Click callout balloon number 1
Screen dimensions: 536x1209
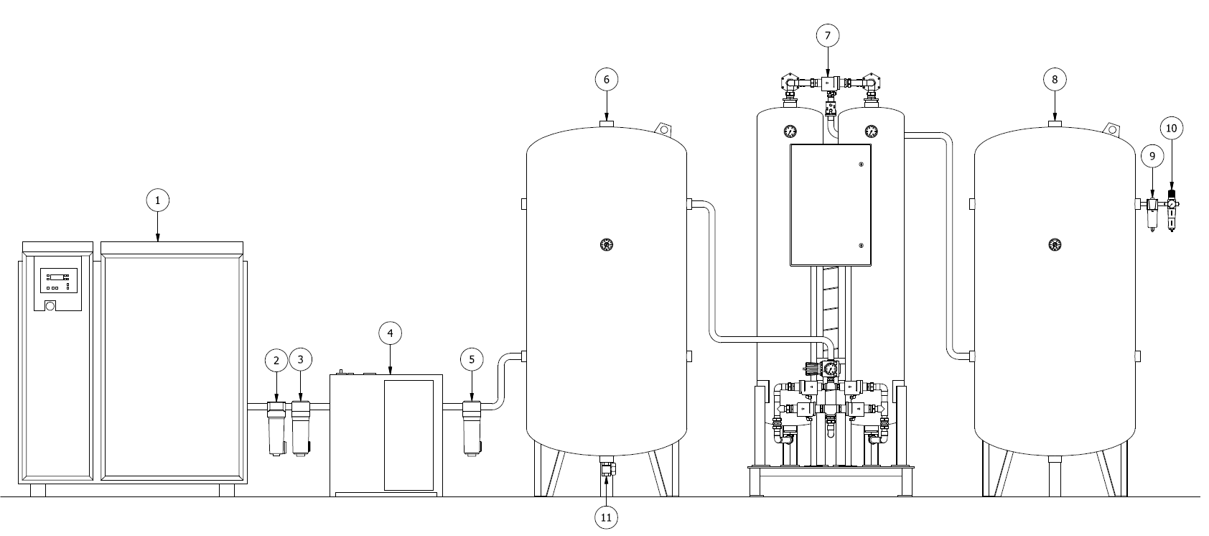[x=157, y=200]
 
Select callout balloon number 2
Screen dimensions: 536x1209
[x=276, y=359]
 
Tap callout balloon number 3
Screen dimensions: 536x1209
[x=300, y=359]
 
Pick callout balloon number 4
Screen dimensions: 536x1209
[x=390, y=333]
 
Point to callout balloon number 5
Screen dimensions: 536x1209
[x=472, y=360]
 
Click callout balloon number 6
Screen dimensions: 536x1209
[x=606, y=79]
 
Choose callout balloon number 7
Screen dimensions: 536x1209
[x=828, y=35]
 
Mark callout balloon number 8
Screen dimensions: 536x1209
[x=1055, y=79]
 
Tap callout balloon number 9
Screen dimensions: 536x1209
[x=1152, y=156]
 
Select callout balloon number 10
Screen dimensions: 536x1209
[x=1171, y=129]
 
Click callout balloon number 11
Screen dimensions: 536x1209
[x=606, y=517]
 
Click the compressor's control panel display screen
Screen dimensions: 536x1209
[x=57, y=278]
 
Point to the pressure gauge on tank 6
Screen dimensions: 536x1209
[x=607, y=245]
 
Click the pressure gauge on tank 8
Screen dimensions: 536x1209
[x=1055, y=245]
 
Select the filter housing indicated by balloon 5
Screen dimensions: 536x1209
[x=472, y=428]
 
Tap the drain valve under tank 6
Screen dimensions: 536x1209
[x=607, y=470]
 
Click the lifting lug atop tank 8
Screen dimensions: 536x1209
[x=1112, y=129]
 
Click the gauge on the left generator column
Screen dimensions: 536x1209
[x=790, y=131]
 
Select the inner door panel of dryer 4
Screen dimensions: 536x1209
[x=409, y=435]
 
